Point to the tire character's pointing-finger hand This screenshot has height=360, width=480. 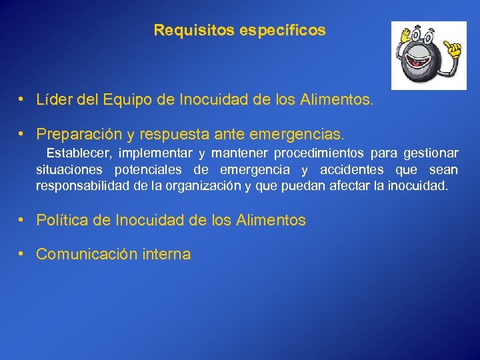coord(454,49)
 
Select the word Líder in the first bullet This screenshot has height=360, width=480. coord(54,101)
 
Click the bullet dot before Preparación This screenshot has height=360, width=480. coord(22,134)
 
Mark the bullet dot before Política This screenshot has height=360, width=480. coord(22,219)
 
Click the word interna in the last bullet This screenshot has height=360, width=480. coord(166,254)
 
